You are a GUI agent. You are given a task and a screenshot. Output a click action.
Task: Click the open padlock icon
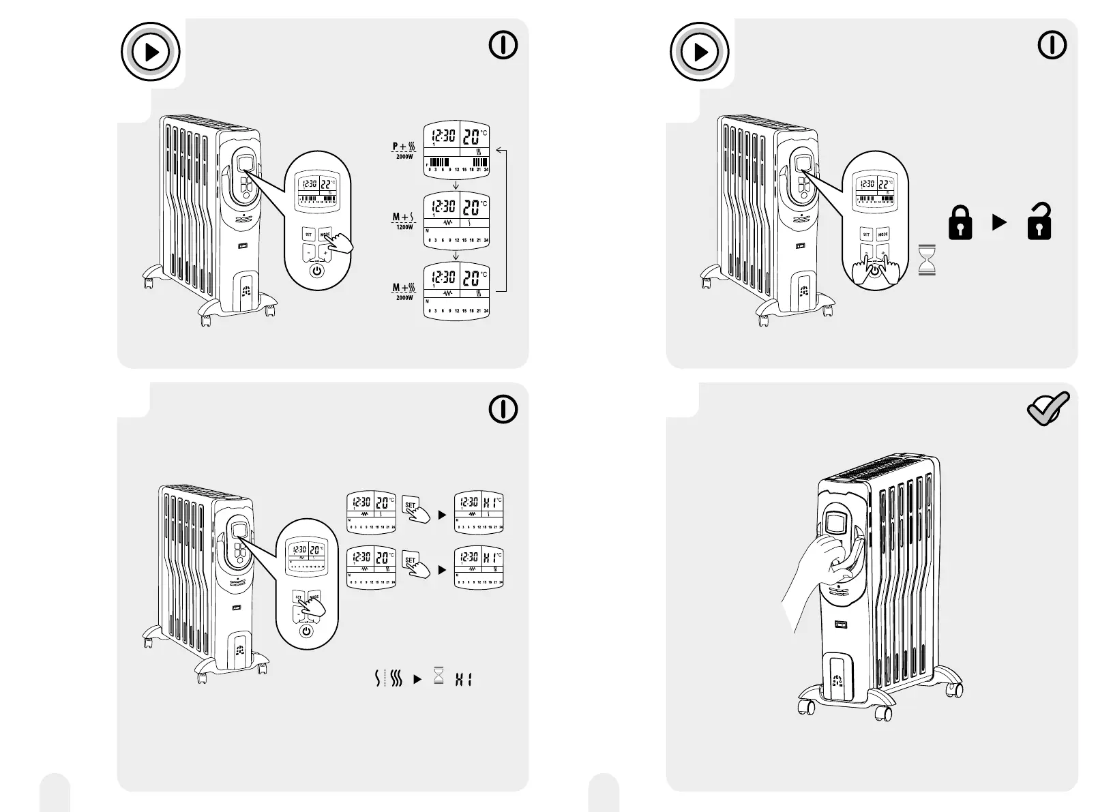[1039, 222]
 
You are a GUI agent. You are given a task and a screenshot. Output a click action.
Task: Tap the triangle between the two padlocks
[999, 222]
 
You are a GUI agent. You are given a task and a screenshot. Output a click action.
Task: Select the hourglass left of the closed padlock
[927, 260]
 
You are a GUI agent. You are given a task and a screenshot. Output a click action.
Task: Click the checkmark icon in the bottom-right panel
[1048, 410]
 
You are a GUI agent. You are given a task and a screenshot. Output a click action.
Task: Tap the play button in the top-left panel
[151, 52]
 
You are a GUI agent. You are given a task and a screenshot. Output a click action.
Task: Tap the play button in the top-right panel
[700, 52]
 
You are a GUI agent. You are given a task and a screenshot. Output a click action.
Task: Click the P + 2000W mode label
[404, 150]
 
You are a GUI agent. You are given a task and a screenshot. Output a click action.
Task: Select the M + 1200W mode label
[404, 221]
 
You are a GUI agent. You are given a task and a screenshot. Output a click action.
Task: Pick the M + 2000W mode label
[404, 292]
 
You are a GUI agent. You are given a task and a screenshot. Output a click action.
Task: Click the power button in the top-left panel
[316, 271]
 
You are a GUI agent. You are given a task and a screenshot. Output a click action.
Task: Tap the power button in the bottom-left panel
[307, 631]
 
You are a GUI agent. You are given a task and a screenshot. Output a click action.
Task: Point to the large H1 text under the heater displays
[464, 679]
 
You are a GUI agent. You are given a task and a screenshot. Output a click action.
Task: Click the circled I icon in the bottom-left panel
[503, 409]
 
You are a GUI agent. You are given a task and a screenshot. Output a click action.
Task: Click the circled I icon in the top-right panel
[1052, 45]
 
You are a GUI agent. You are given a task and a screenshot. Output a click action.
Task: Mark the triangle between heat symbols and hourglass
[418, 680]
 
